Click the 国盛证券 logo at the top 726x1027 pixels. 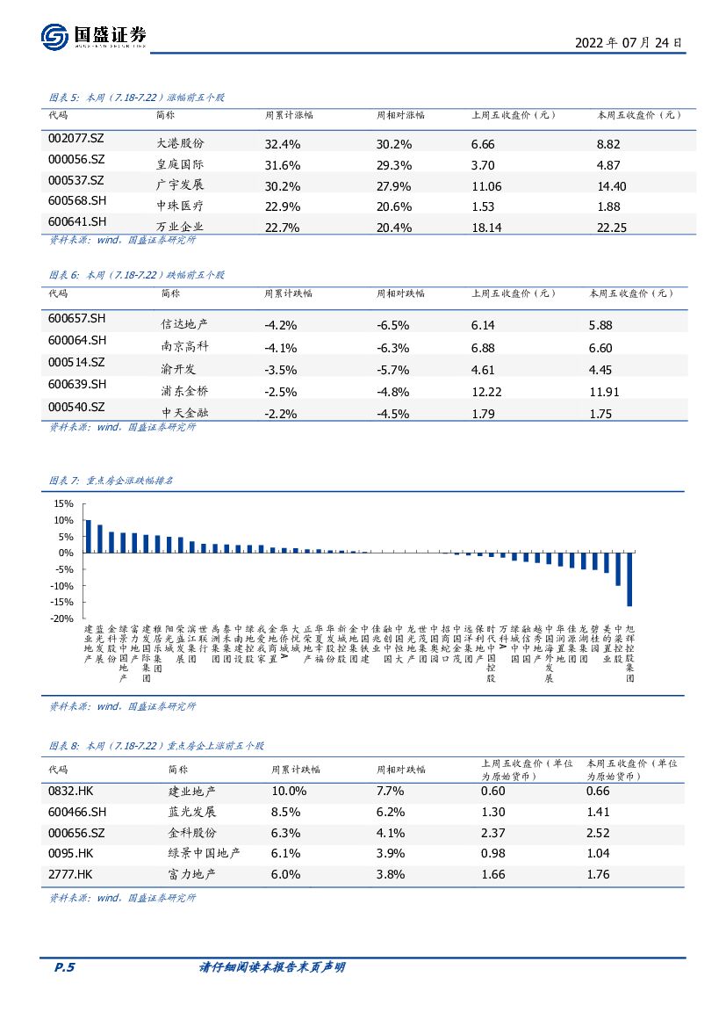[x=93, y=36]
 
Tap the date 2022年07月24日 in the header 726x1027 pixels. [x=628, y=42]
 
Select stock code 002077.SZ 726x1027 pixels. [x=76, y=141]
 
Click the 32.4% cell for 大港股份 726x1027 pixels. [x=283, y=143]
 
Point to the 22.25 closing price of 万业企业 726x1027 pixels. [x=612, y=227]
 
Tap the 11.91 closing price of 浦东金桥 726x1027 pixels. [x=607, y=390]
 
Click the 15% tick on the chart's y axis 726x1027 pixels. [x=63, y=504]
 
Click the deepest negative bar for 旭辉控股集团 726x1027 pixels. [x=629, y=579]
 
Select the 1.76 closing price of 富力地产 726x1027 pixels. [x=598, y=874]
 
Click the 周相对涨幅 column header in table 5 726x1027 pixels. [x=400, y=115]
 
